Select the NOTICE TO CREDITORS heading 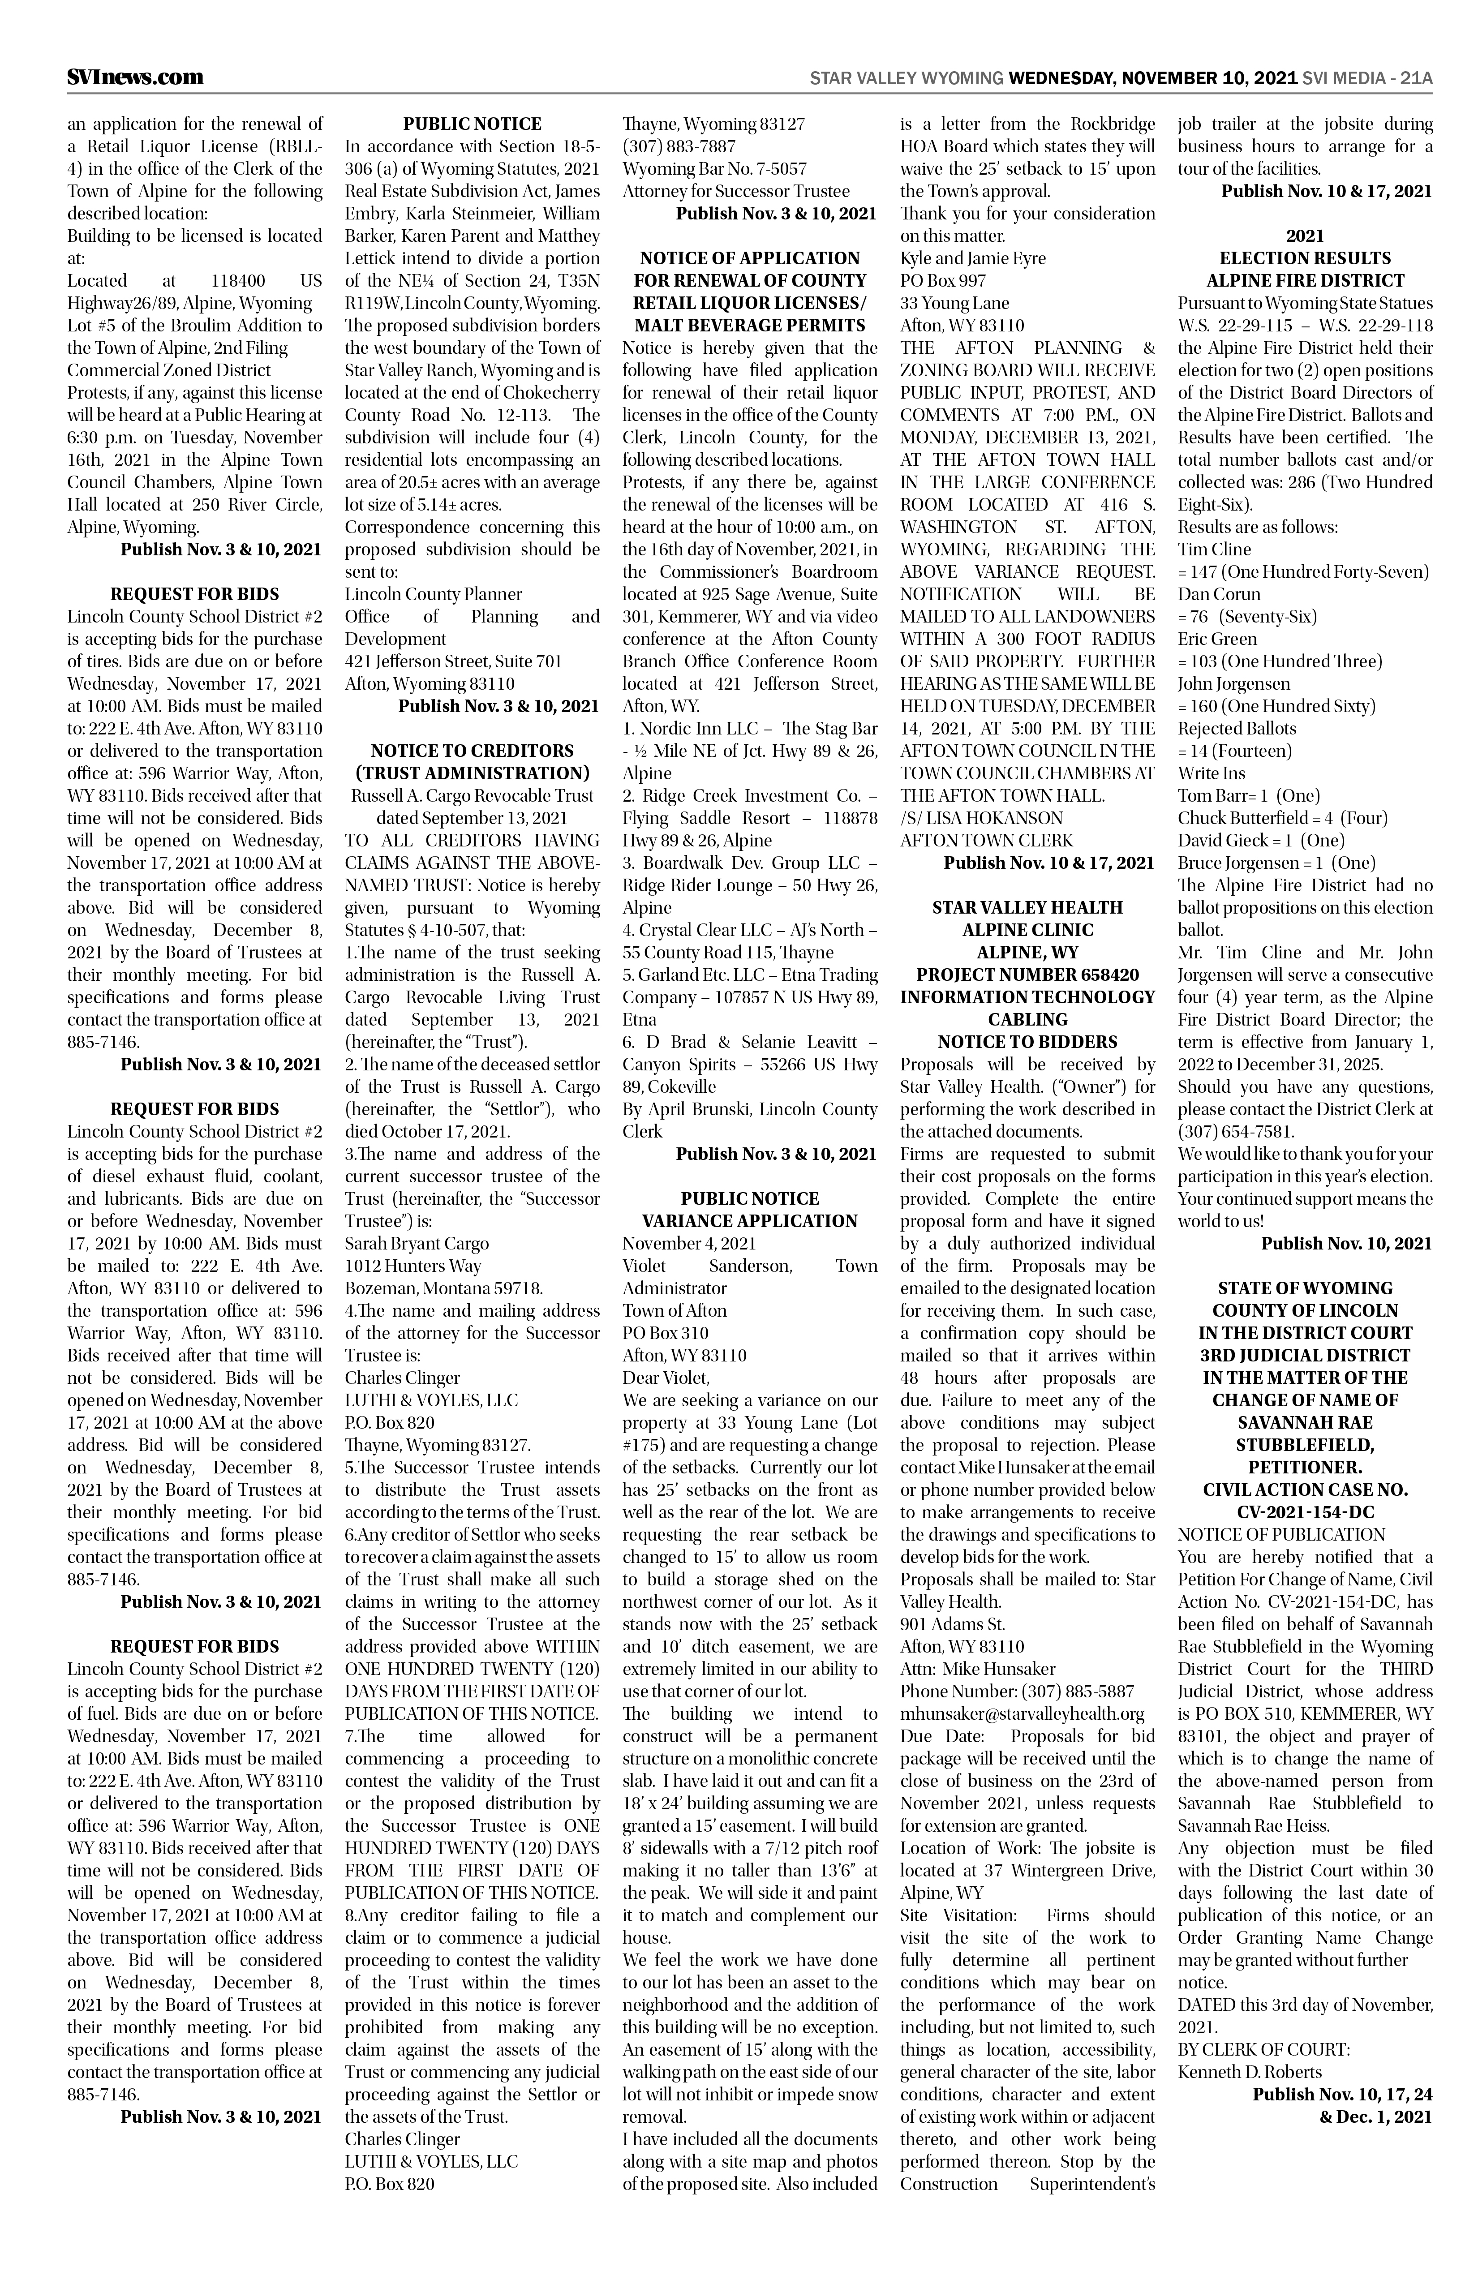point(472,751)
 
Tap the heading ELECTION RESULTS point(1304,258)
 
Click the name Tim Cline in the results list point(1214,549)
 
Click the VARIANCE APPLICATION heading point(750,1221)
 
